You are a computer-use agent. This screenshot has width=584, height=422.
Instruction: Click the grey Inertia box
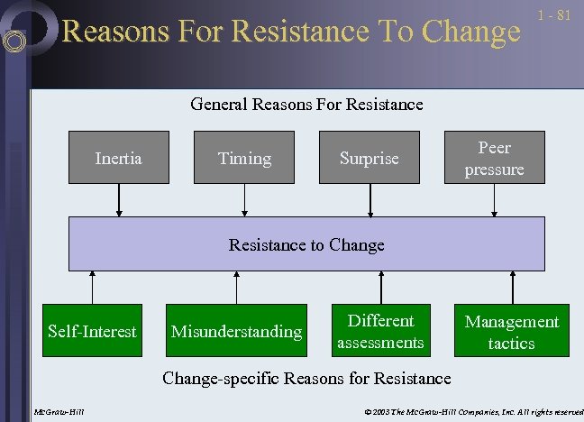[119, 158]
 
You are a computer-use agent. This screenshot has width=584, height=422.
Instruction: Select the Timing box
[244, 158]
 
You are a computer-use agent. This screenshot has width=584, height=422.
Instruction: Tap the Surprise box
[369, 158]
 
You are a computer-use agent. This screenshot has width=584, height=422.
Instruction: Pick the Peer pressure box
[494, 158]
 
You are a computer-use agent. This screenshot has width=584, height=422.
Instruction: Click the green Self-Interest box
[92, 331]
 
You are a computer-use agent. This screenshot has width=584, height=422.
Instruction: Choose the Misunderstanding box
[236, 331]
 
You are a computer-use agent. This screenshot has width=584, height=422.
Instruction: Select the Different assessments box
[380, 331]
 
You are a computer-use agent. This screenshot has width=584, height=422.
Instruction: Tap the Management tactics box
[511, 331]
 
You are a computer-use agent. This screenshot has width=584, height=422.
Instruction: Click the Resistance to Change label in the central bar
[306, 244]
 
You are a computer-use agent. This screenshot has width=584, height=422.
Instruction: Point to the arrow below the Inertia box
[119, 200]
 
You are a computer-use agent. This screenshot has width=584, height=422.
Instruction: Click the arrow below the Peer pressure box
[494, 200]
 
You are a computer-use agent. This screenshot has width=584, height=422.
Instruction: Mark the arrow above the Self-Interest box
[92, 287]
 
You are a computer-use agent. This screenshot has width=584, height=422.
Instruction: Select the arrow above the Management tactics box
[512, 287]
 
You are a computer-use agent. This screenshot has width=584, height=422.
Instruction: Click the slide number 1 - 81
[554, 15]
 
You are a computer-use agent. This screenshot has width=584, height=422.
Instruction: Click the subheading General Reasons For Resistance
[306, 105]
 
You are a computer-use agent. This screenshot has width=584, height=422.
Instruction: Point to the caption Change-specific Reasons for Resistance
[306, 378]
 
